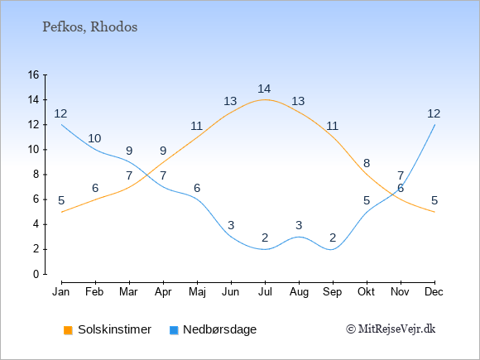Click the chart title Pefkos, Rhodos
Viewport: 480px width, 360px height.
(89, 27)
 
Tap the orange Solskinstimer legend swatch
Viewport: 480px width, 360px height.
(68, 330)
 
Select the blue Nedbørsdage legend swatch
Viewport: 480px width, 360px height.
(174, 330)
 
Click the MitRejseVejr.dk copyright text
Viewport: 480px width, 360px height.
(391, 329)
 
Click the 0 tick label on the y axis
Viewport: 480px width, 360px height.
(36, 274)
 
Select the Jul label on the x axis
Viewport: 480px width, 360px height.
(265, 292)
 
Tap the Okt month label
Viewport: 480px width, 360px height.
(366, 292)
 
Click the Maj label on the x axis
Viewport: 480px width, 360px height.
(197, 292)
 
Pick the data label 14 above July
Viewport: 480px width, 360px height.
(264, 89)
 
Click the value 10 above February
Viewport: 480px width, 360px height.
(94, 138)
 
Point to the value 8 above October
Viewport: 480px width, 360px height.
(367, 163)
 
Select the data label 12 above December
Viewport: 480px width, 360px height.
(434, 113)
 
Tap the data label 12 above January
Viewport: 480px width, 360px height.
(60, 113)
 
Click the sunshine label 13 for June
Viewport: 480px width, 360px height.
(230, 101)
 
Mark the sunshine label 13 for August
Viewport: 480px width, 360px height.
(298, 101)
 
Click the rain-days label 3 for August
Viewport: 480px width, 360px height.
(299, 225)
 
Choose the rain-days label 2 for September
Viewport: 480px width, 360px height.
(333, 238)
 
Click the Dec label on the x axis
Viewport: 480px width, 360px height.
(434, 292)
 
